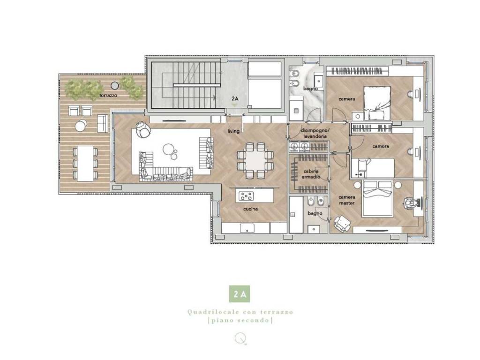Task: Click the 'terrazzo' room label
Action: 108,95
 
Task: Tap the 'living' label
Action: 233,131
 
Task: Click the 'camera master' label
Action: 347,200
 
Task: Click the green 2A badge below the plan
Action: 240,295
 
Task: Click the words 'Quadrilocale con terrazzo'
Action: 240,312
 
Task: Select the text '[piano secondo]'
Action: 240,321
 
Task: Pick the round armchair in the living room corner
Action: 142,129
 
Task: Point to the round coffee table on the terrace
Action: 81,126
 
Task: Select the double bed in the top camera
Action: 377,103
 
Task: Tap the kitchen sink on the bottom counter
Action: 247,228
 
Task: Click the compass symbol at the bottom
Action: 240,337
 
